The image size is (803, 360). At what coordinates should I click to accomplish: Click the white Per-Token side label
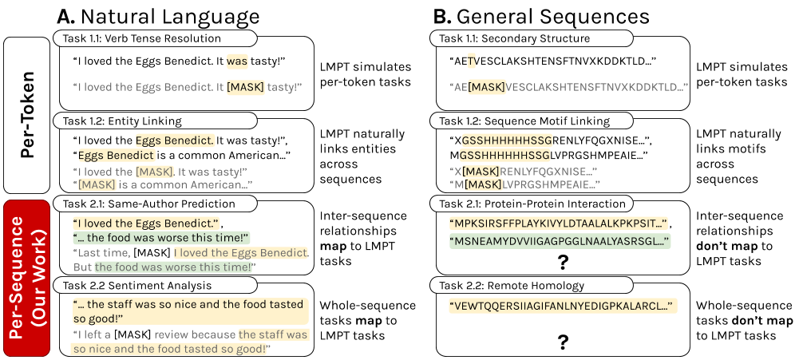coord(27,115)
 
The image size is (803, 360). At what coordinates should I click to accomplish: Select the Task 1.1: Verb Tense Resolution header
coord(155,38)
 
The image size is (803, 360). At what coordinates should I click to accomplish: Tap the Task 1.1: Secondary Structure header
coord(531,38)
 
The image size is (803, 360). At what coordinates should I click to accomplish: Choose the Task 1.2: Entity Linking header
coord(155,121)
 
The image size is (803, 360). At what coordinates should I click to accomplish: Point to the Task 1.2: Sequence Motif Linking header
coord(531,121)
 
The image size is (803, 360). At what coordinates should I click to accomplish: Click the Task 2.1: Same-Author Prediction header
coord(155,204)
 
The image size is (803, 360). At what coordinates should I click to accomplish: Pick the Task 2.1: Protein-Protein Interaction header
coord(531,204)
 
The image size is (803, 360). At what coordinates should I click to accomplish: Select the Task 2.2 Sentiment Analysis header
coord(155,285)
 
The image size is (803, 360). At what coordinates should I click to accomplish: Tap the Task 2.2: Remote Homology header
coord(531,285)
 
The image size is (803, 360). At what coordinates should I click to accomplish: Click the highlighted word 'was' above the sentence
coord(237,61)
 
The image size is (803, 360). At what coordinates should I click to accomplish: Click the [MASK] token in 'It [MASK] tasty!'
coord(245,86)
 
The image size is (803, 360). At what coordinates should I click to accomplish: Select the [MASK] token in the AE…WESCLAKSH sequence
coord(486,86)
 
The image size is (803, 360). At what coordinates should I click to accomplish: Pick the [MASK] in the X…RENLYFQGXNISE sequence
coord(481,172)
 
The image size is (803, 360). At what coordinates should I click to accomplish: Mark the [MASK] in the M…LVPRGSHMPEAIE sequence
coord(483,184)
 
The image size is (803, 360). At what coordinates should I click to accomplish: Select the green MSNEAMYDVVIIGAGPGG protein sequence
coord(559,241)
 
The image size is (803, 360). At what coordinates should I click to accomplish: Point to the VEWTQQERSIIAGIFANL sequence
coord(562,306)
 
